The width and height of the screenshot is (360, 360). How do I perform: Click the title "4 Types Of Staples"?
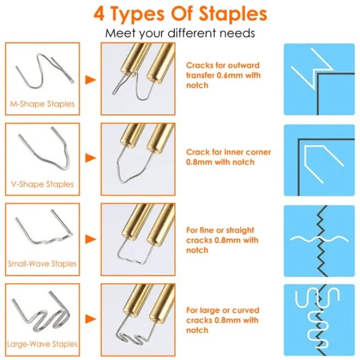coord(180,14)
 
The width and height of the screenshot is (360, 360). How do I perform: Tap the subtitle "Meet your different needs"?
coord(180,33)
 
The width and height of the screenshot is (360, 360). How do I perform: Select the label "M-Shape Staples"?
coord(42,103)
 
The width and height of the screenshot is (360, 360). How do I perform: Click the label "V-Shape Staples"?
coord(42,184)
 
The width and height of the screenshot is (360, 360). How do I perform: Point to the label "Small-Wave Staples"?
coord(42,264)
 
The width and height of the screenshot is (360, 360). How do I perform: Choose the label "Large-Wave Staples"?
coord(42,344)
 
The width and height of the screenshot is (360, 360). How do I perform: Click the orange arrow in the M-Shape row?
coord(90,80)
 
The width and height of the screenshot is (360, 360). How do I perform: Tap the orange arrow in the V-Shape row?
coord(90,158)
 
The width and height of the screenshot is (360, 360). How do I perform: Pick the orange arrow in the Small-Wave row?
coord(90,239)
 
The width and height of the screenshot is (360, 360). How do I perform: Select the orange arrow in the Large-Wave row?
coord(90,319)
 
